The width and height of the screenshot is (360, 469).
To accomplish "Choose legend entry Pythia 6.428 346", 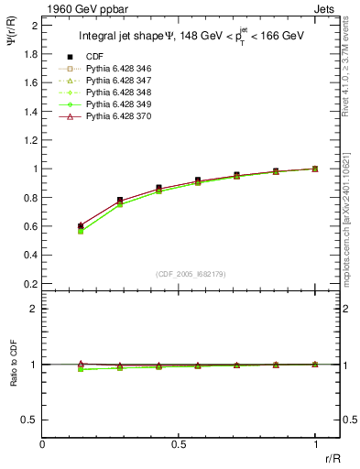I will point(119,69).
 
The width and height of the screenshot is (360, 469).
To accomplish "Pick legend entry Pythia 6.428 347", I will point(119,81).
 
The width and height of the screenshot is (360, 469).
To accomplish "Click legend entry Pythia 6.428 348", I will point(119,93).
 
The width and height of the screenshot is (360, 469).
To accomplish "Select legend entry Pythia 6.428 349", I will point(119,104).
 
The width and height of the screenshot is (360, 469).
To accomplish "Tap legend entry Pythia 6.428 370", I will point(119,116).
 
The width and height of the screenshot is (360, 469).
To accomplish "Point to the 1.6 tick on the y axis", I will point(29,82).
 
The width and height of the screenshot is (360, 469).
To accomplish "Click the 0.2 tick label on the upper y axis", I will point(29,284).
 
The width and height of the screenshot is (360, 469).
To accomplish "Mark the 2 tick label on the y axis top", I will point(34,24).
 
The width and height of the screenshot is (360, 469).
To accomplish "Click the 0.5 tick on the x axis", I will point(179,444).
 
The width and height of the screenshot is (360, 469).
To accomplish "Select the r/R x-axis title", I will point(333,458).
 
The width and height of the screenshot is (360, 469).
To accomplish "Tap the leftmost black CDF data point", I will point(81,225).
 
